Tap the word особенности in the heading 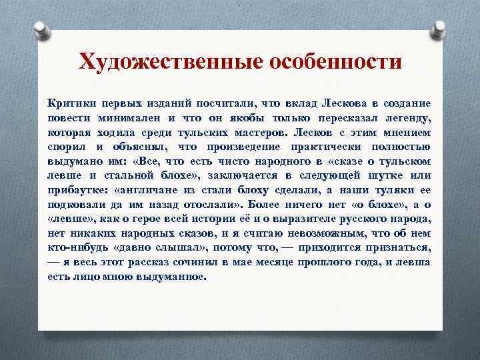[x=335, y=62]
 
